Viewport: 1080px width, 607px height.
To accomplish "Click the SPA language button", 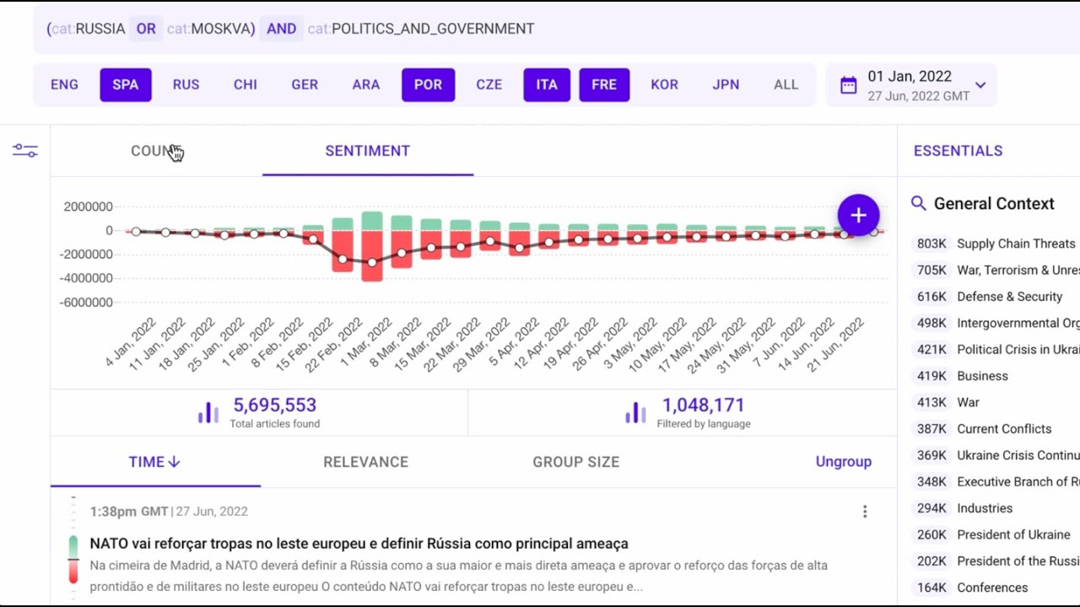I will coord(126,85).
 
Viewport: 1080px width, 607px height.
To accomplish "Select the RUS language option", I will coord(186,85).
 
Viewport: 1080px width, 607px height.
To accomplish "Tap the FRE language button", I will coord(604,85).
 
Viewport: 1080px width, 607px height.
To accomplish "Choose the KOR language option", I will coord(665,85).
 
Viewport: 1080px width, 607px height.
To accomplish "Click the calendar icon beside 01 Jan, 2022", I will coord(849,85).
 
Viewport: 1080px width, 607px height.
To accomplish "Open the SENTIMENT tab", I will coord(368,151).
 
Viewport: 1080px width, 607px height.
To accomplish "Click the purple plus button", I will coord(858,215).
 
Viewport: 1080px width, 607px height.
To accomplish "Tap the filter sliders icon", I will coord(25,151).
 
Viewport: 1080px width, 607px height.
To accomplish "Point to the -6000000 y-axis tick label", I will coord(87,303).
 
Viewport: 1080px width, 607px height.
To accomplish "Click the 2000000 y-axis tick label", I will coord(89,207).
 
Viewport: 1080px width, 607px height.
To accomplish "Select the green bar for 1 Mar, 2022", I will coord(372,221).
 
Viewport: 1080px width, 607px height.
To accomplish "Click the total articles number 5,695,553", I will coord(274,406).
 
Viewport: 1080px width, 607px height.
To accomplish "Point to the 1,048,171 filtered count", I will coord(703,406).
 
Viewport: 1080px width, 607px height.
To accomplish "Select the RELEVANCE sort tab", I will coord(365,462).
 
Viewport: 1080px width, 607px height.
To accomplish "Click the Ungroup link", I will coord(843,462).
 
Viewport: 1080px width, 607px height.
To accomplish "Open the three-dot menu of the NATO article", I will coord(865,512).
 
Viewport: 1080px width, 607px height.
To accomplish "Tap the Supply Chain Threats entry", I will coord(1015,244).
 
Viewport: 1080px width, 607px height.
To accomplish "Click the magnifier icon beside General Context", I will coord(919,203).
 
